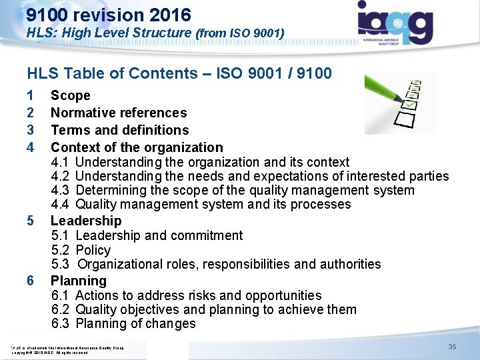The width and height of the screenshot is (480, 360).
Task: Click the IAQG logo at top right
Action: pyautogui.click(x=395, y=23)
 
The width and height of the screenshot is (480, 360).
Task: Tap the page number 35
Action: pyautogui.click(x=452, y=347)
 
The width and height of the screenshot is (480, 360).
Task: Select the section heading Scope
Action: pyautogui.click(x=70, y=96)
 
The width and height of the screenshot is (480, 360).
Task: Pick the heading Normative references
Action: pyautogui.click(x=119, y=113)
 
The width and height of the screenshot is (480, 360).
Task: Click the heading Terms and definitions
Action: pyautogui.click(x=120, y=130)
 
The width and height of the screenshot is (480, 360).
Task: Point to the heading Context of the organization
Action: pyautogui.click(x=137, y=147)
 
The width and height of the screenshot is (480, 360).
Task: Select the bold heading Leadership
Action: pyautogui.click(x=86, y=221)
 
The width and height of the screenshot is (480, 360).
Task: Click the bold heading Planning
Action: pyautogui.click(x=79, y=281)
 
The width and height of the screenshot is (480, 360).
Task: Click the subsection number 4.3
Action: pyautogui.click(x=61, y=191)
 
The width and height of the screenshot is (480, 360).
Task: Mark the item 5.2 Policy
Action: pyautogui.click(x=81, y=250)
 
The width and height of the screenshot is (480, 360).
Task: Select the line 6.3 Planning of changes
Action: pyautogui.click(x=123, y=324)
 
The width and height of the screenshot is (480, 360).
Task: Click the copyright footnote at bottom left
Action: pyautogui.click(x=67, y=349)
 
